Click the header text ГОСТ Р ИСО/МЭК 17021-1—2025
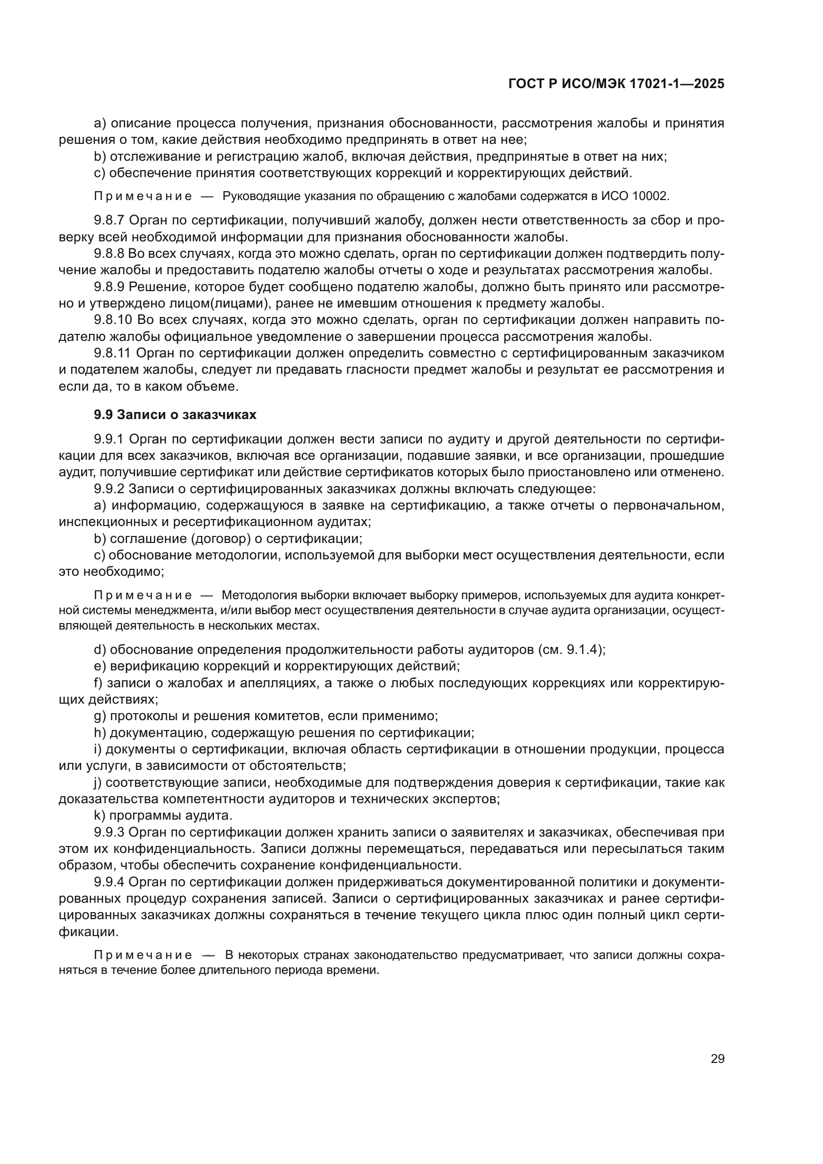tap(616, 84)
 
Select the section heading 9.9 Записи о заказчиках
tap(175, 415)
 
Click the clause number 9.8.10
tap(113, 320)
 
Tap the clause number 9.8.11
tap(113, 353)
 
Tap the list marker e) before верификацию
tap(101, 666)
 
